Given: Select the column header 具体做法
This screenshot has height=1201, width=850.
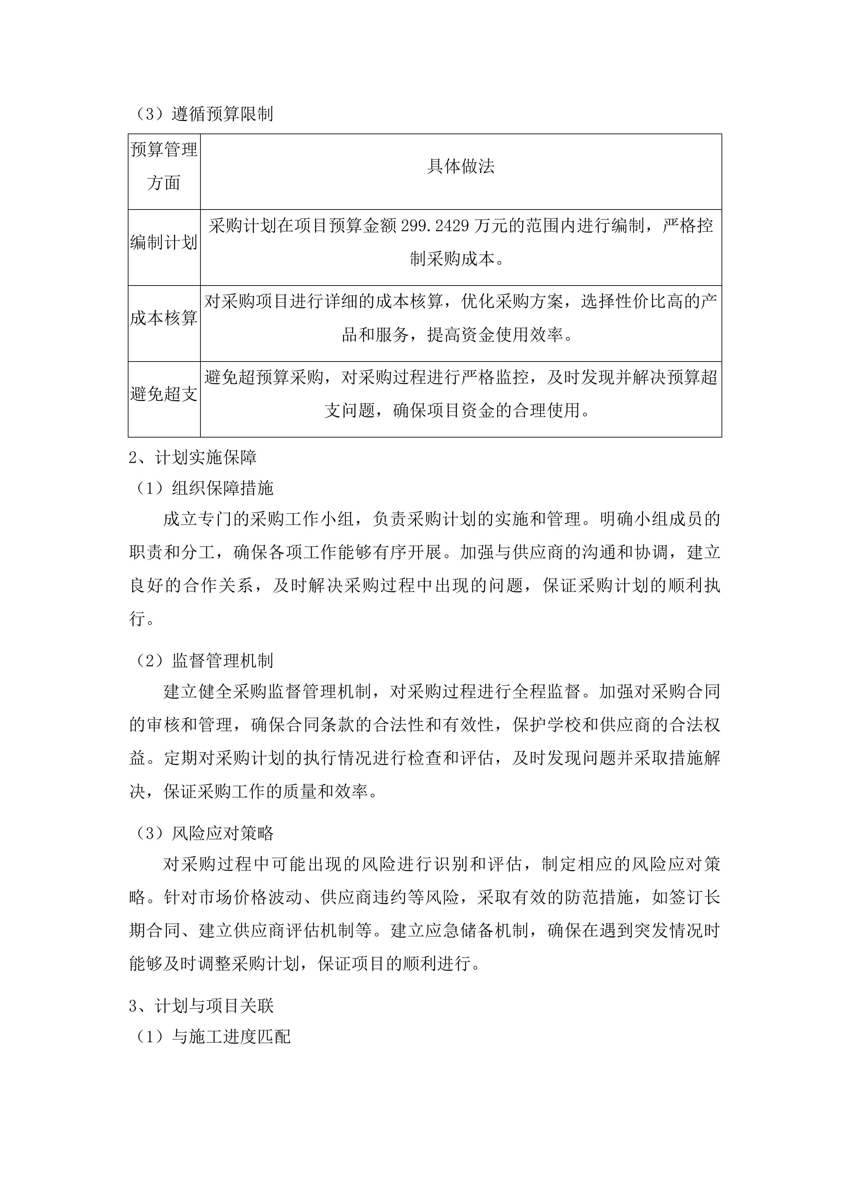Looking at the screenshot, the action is point(460,167).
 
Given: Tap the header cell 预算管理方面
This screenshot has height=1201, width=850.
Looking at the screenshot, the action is point(164,167).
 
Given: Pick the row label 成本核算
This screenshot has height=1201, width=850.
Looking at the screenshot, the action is point(164,318).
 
